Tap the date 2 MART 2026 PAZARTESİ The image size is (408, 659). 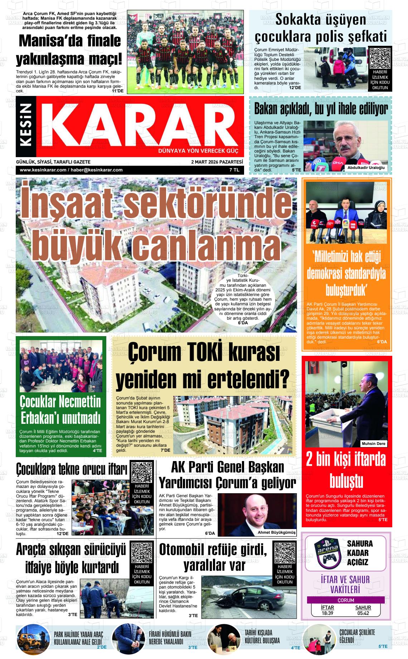(x=217, y=162)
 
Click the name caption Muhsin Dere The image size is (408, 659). (x=373, y=444)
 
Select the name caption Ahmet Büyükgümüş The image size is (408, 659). (x=277, y=532)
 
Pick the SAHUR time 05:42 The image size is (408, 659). (x=363, y=613)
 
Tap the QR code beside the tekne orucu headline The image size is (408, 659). (x=142, y=473)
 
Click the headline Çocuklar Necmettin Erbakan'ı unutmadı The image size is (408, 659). (x=60, y=410)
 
